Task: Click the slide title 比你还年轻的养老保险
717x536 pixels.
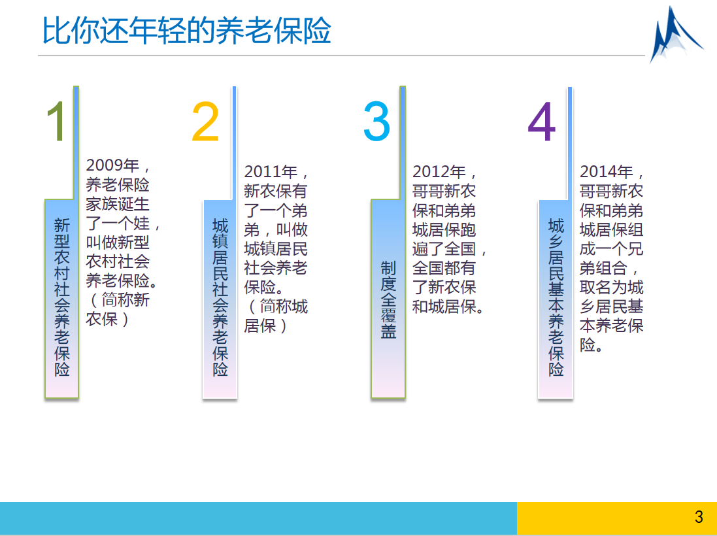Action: [186, 31]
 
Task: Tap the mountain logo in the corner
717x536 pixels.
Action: [676, 34]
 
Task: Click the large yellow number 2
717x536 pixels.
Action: [205, 121]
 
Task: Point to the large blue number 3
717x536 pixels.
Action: [376, 121]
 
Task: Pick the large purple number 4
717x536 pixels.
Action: [542, 121]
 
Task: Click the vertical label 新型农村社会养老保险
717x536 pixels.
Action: [61, 297]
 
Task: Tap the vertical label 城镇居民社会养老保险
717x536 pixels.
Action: [220, 297]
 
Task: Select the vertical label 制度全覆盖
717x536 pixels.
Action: [388, 299]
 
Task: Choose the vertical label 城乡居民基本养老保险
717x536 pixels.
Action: [556, 297]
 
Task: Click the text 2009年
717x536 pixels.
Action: [112, 165]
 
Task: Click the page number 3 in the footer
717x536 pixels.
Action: [699, 517]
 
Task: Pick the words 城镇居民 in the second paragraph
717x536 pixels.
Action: [276, 249]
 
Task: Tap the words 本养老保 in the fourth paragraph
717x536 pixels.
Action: [611, 326]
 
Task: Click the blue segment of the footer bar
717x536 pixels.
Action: [258, 518]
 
